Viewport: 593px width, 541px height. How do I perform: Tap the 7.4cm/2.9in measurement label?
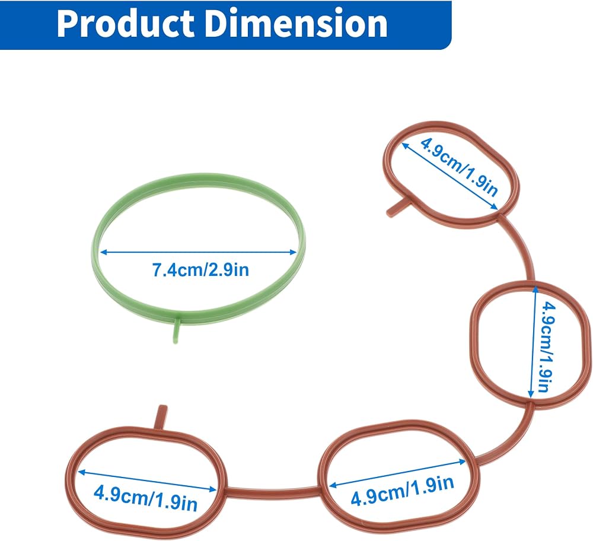tap(200, 270)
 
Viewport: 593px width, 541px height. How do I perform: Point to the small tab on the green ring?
tap(176, 331)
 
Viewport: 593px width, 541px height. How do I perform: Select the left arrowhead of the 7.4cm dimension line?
tap(104, 252)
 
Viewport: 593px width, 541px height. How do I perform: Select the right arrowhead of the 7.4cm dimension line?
tap(292, 252)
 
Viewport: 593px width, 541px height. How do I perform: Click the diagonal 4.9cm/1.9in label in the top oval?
tap(459, 167)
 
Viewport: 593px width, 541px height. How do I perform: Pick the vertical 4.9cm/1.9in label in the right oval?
tap(547, 346)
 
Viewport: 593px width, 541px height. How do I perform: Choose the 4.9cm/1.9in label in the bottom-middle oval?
tap(403, 491)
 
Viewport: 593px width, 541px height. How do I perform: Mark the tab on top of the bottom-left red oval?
tap(161, 417)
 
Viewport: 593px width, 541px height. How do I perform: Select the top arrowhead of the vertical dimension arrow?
tap(535, 290)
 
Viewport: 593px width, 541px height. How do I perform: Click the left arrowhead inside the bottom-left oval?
tap(82, 472)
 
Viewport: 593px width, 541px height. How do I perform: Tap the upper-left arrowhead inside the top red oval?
tap(405, 146)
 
